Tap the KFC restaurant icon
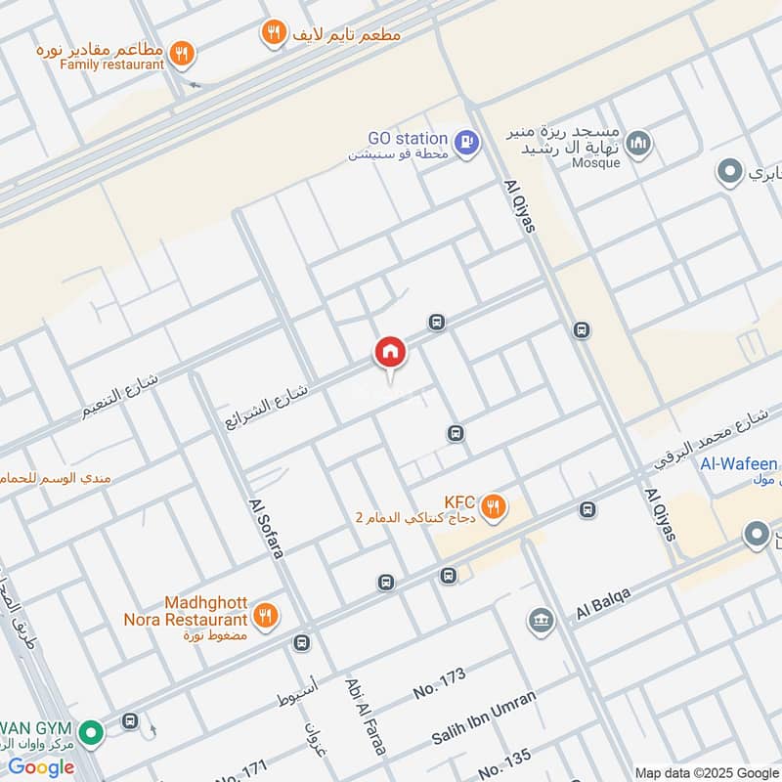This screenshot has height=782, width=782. [495, 506]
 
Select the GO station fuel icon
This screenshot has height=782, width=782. [468, 143]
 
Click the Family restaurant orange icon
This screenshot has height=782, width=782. [180, 55]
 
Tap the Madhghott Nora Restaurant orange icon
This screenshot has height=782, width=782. [264, 616]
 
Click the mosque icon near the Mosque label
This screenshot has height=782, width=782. [639, 144]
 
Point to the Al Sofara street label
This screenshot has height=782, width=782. [266, 528]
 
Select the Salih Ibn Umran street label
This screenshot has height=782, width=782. [484, 718]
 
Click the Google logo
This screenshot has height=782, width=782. [41, 766]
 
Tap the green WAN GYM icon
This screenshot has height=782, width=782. [91, 731]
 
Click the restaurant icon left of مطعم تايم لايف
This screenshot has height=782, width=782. [274, 34]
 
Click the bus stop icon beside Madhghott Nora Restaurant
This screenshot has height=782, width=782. [301, 643]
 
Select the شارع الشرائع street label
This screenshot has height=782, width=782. [266, 405]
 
